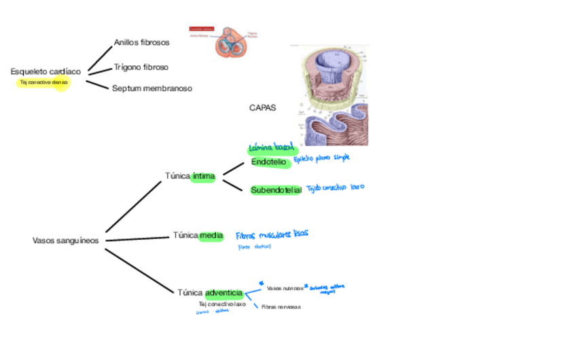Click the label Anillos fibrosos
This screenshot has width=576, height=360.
tap(141, 42)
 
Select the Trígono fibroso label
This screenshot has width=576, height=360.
tap(141, 67)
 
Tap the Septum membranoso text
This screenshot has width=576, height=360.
tap(152, 88)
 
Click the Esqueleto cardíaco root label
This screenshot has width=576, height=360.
tap(46, 71)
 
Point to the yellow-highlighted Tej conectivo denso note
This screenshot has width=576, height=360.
tap(44, 82)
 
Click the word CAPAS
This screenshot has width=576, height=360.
tap(263, 107)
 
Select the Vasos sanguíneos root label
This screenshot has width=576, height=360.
tap(66, 240)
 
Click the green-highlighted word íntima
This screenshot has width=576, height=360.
tap(203, 177)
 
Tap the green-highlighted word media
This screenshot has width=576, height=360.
tap(211, 236)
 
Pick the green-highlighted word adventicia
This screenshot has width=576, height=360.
tap(223, 293)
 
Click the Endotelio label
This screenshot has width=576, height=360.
tap(269, 162)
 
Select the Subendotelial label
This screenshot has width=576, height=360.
tap(276, 190)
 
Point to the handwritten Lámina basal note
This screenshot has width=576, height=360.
tap(271, 147)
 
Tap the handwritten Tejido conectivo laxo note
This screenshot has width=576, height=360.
tap(336, 187)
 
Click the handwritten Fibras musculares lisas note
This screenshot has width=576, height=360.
tap(272, 234)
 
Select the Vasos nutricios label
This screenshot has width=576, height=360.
tap(285, 289)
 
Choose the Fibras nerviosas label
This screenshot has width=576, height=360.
tap(281, 307)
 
